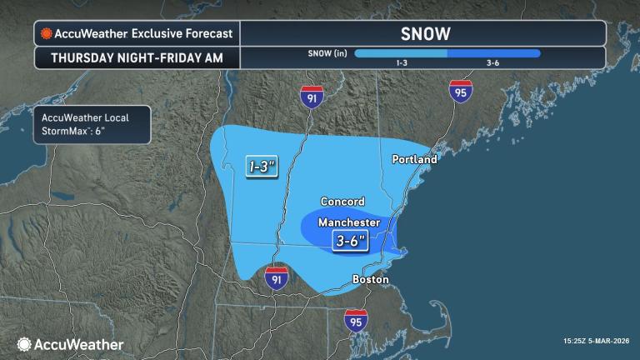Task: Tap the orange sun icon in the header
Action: (45, 34)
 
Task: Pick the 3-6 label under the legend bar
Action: (493, 63)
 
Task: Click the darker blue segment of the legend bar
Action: (493, 53)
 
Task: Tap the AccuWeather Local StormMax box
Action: (92, 124)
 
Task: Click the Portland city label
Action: (415, 158)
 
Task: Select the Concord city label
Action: (342, 202)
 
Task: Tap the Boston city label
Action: (370, 279)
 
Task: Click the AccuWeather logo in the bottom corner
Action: (71, 344)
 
